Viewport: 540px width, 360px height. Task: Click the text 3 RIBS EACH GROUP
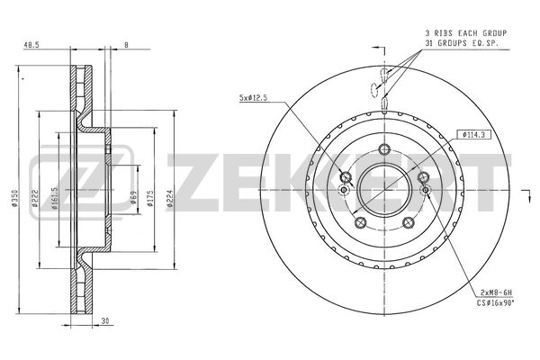tap(464, 32)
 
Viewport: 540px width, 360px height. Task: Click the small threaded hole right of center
tap(425, 189)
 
